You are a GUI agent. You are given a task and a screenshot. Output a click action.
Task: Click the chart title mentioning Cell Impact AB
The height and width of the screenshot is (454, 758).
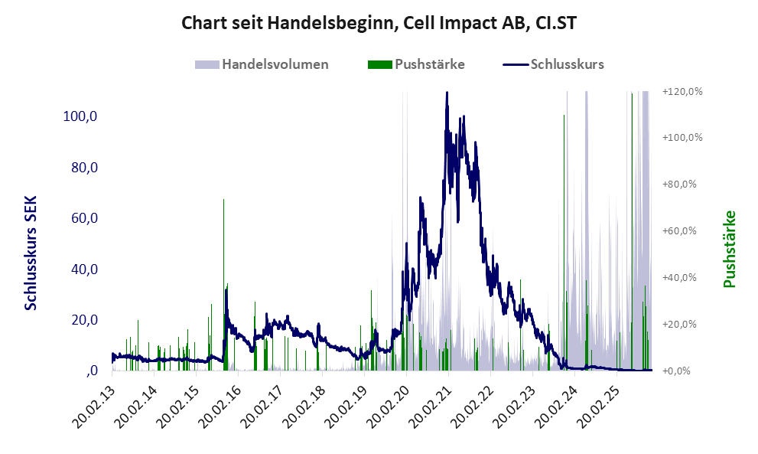tap(379, 23)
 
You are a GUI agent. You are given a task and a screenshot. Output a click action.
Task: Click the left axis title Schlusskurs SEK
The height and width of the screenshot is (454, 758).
tap(31, 253)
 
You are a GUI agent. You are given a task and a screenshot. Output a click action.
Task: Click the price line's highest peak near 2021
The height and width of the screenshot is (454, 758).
tap(447, 93)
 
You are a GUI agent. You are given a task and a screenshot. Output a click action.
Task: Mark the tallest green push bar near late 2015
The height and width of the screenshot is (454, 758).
tap(223, 201)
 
